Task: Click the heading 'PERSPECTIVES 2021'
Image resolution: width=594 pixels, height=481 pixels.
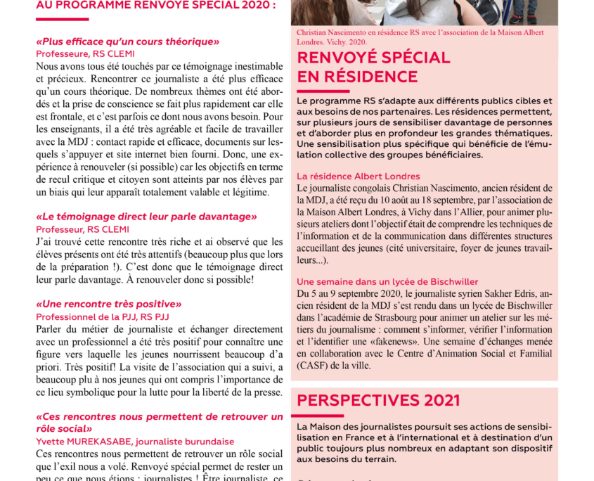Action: (378, 401)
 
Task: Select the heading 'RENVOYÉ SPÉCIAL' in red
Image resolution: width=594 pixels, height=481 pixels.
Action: (373, 58)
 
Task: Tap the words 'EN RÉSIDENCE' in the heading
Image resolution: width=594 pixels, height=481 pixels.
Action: (357, 77)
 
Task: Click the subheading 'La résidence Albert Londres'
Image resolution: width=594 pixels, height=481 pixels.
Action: (359, 176)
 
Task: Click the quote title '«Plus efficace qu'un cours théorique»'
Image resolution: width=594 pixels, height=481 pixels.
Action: (128, 41)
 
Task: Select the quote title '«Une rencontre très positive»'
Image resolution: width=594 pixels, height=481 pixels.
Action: (109, 304)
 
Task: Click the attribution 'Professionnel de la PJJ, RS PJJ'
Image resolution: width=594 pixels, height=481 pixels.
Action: (103, 316)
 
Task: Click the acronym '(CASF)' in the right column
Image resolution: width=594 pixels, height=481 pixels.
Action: (314, 366)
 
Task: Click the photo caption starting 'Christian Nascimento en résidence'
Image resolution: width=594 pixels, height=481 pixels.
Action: (418, 32)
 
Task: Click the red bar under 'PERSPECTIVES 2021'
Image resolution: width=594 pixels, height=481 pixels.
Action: (323, 415)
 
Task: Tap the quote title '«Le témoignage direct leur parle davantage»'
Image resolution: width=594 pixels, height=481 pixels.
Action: (147, 217)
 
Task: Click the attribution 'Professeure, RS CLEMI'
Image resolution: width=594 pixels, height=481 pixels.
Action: (85, 53)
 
